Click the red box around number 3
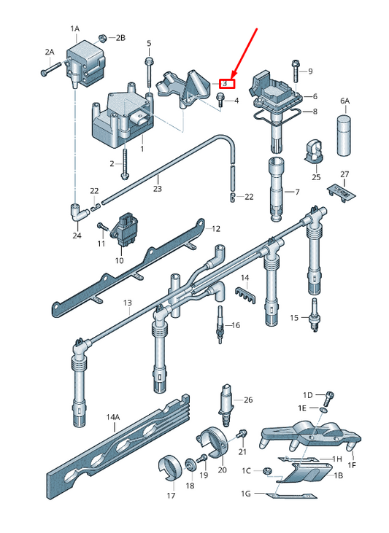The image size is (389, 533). click(227, 83)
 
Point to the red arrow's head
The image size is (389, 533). click(234, 76)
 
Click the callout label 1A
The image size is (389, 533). click(75, 28)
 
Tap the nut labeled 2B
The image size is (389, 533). click(102, 37)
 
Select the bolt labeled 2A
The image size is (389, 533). click(51, 69)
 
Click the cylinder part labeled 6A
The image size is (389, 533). click(344, 135)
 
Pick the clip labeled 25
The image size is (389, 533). click(314, 151)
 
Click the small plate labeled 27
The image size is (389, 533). click(342, 192)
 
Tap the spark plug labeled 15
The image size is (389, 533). click(315, 315)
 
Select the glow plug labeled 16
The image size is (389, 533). click(220, 324)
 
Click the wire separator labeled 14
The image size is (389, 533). click(244, 295)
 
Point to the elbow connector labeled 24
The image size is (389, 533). click(77, 212)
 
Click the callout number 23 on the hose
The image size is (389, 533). click(157, 188)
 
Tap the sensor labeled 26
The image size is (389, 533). click(225, 405)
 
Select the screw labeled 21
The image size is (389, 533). click(242, 434)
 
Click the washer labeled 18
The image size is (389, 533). click(190, 464)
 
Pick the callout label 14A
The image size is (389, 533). click(112, 417)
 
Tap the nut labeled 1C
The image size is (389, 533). click(267, 471)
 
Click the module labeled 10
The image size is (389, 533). click(128, 229)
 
